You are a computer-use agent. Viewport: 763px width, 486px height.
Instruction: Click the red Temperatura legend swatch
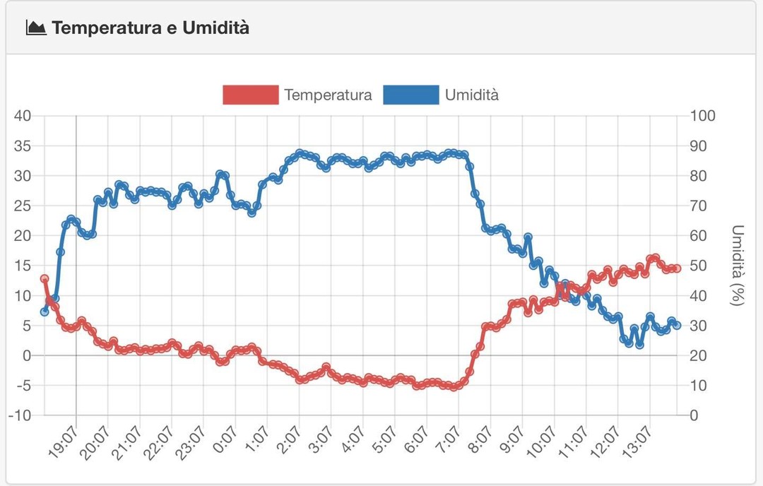(250, 95)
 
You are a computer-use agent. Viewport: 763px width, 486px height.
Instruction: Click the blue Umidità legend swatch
(411, 95)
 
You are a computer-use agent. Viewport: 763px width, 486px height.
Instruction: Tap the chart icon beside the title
(35, 28)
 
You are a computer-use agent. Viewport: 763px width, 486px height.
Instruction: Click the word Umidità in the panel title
(215, 28)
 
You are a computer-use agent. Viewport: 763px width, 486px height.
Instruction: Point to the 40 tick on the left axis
(21, 117)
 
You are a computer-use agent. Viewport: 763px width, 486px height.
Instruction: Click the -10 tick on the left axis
(19, 415)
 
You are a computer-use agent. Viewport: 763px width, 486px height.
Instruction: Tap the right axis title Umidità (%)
(738, 266)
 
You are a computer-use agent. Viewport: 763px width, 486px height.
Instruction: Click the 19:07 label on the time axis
(62, 442)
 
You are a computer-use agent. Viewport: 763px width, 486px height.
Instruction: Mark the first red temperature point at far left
(45, 279)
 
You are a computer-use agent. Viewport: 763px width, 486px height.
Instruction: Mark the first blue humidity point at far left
(45, 312)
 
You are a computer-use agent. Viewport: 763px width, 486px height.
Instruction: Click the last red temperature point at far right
(677, 268)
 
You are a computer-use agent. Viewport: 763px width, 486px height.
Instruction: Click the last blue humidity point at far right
(677, 325)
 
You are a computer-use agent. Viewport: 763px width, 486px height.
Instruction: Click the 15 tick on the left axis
(23, 266)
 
